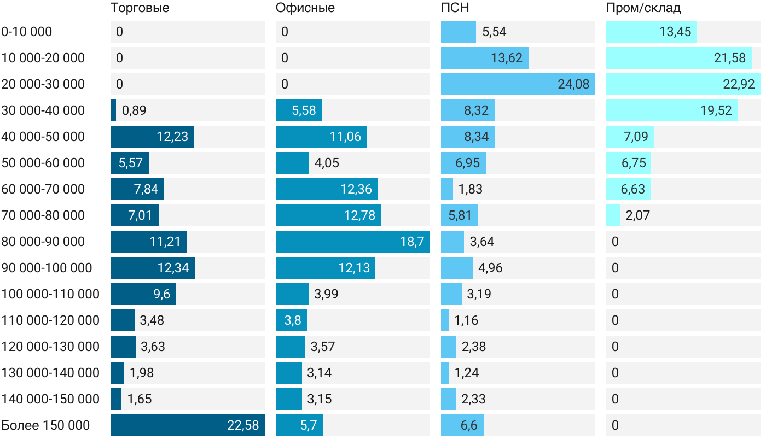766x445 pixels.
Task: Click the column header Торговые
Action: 140,8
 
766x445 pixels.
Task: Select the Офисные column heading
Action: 305,8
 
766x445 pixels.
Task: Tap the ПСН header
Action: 455,8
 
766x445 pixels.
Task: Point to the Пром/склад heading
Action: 643,8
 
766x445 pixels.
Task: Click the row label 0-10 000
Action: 27,32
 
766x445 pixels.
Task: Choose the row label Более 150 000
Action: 45,425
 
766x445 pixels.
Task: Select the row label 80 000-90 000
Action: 43,242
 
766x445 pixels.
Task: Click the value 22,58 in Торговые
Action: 243,425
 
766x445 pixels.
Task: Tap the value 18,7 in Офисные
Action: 412,242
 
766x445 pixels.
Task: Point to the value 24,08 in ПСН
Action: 573,84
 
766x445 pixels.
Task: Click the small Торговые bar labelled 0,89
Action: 113,110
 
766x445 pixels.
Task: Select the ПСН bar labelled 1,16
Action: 445,320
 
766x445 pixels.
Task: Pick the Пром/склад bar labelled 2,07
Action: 613,215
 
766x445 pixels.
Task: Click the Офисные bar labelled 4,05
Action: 292,163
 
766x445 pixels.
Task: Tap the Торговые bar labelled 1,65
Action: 116,399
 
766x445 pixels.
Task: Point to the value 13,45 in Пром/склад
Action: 675,32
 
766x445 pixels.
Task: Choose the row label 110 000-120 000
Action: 50,320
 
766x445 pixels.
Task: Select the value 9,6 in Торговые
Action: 161,294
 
